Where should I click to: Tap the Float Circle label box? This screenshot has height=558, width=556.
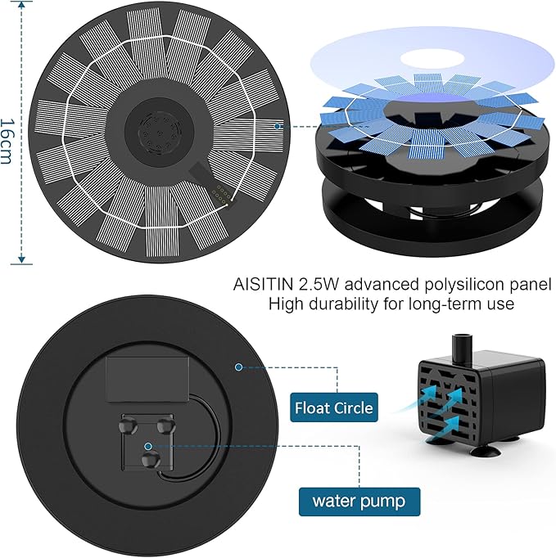[x=333, y=407]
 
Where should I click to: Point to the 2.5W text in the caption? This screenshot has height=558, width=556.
[x=320, y=285]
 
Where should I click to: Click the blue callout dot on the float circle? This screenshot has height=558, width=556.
[x=239, y=367]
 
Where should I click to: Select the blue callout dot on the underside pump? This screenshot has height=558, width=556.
[x=148, y=447]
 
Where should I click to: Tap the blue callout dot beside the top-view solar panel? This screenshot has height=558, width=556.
[x=279, y=126]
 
